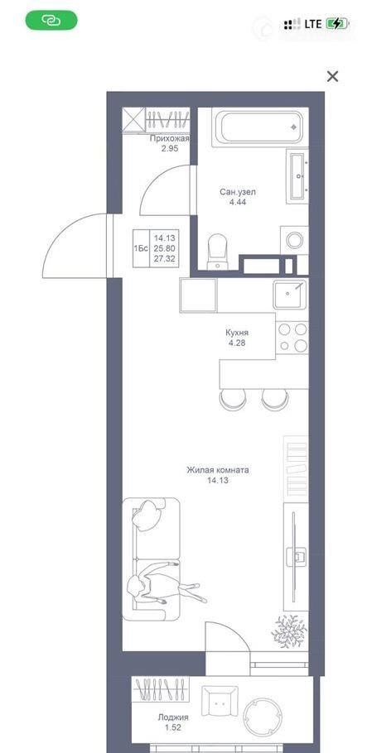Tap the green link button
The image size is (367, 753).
pos(51,20)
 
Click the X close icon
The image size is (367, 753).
pos(332,76)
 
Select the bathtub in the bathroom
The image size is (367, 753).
pos(258,127)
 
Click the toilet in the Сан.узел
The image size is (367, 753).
pos(218,252)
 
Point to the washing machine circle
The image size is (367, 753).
pos(294,240)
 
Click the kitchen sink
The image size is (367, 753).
pos(290,294)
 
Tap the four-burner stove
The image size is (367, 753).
pos(292,337)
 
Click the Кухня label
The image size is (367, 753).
pos(237,333)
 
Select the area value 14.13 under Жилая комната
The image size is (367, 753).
pos(217,480)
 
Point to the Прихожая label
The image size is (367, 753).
pos(169,139)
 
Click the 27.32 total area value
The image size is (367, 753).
pos(165,259)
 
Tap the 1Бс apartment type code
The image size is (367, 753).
pos(141,248)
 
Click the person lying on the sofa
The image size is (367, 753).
pos(167,581)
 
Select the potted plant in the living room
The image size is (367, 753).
pos(289,631)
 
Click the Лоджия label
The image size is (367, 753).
pos(173,717)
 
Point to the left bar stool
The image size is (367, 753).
pos(233,400)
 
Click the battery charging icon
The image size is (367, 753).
pos(336,23)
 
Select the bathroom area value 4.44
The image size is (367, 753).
pos(238,202)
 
